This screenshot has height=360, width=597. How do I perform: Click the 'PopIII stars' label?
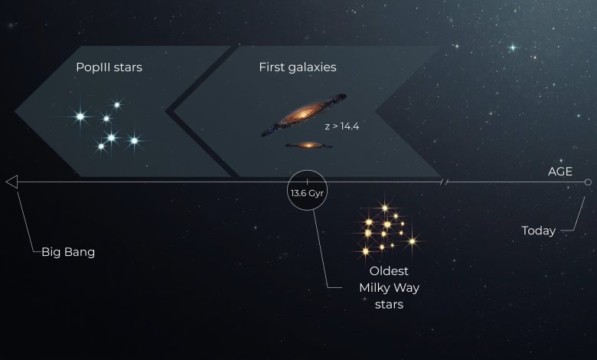click(109, 67)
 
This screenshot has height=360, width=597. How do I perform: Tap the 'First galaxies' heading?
click(298, 67)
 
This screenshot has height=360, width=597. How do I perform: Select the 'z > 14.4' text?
click(342, 126)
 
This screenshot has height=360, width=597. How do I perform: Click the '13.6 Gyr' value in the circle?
click(307, 193)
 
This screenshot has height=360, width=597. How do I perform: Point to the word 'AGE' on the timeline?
click(560, 172)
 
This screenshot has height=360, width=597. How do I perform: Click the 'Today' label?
click(538, 231)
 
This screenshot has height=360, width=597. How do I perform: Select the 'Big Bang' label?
click(68, 252)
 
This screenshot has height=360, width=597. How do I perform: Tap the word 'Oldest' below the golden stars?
click(389, 271)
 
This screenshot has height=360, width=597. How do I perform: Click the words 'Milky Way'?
click(389, 288)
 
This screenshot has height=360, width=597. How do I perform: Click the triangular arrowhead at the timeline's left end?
click(11, 182)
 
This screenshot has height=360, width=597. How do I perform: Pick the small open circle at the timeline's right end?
click(588, 182)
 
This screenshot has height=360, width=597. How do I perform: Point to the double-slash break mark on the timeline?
click(444, 182)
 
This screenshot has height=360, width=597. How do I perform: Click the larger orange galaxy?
click(304, 115)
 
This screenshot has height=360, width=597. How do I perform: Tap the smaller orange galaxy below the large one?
click(308, 145)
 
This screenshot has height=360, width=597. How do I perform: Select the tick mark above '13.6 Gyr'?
click(307, 182)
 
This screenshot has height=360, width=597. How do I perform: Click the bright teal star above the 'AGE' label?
click(513, 47)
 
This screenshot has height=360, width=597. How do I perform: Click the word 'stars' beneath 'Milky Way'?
click(389, 305)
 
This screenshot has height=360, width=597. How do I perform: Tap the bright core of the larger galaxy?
click(303, 114)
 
